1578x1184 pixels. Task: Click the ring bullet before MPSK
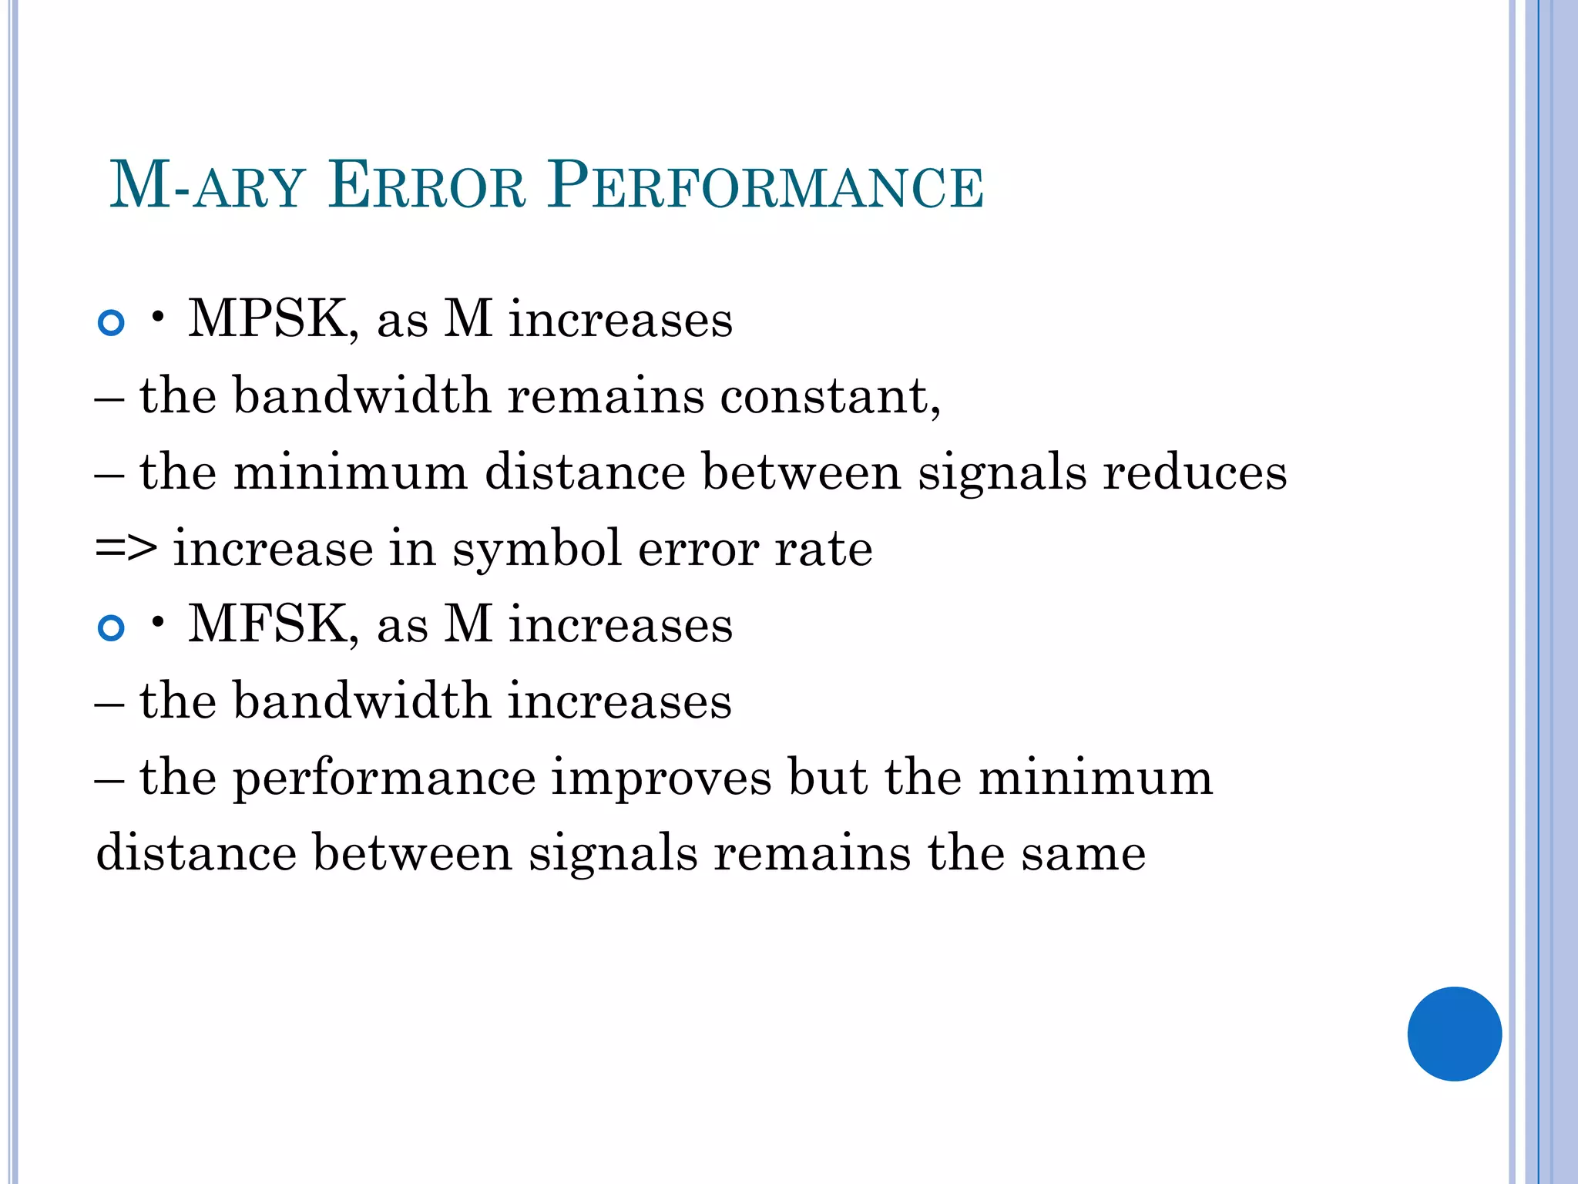(112, 322)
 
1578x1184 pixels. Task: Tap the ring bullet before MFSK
(112, 627)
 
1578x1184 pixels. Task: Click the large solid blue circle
(1454, 1034)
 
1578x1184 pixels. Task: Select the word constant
(830, 395)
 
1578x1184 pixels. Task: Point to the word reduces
(1194, 472)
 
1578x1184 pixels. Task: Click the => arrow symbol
(126, 549)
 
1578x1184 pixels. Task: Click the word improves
(661, 777)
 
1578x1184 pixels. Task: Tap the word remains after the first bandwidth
(606, 395)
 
